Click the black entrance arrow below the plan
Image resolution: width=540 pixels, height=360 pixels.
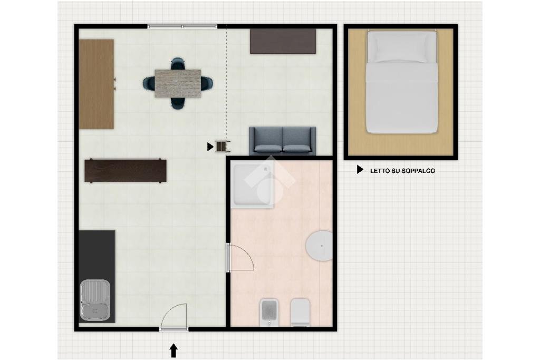pos(173,351)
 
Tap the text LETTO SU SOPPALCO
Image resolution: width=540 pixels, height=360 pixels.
pos(402,171)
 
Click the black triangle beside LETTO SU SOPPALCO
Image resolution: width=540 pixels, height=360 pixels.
pos(360,169)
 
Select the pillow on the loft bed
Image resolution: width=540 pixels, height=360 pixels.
pos(401,47)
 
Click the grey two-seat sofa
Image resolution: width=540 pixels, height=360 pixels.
pos(283,141)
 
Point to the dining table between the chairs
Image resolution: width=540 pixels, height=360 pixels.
pos(178,84)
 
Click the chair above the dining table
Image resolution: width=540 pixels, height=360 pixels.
pos(178,64)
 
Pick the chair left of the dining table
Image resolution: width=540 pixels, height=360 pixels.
pos(149,84)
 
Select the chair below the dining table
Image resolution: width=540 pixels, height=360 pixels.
pos(178,103)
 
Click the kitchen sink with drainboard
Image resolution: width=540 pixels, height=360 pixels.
pos(95,300)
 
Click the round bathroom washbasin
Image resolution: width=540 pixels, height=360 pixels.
pos(319,246)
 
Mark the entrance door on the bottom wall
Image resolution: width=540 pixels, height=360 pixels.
pos(174,329)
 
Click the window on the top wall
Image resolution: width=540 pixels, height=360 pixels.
pos(182,26)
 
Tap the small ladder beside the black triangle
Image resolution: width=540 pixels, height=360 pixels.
pos(223,147)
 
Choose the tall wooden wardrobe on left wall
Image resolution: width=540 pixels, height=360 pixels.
pos(97,84)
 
